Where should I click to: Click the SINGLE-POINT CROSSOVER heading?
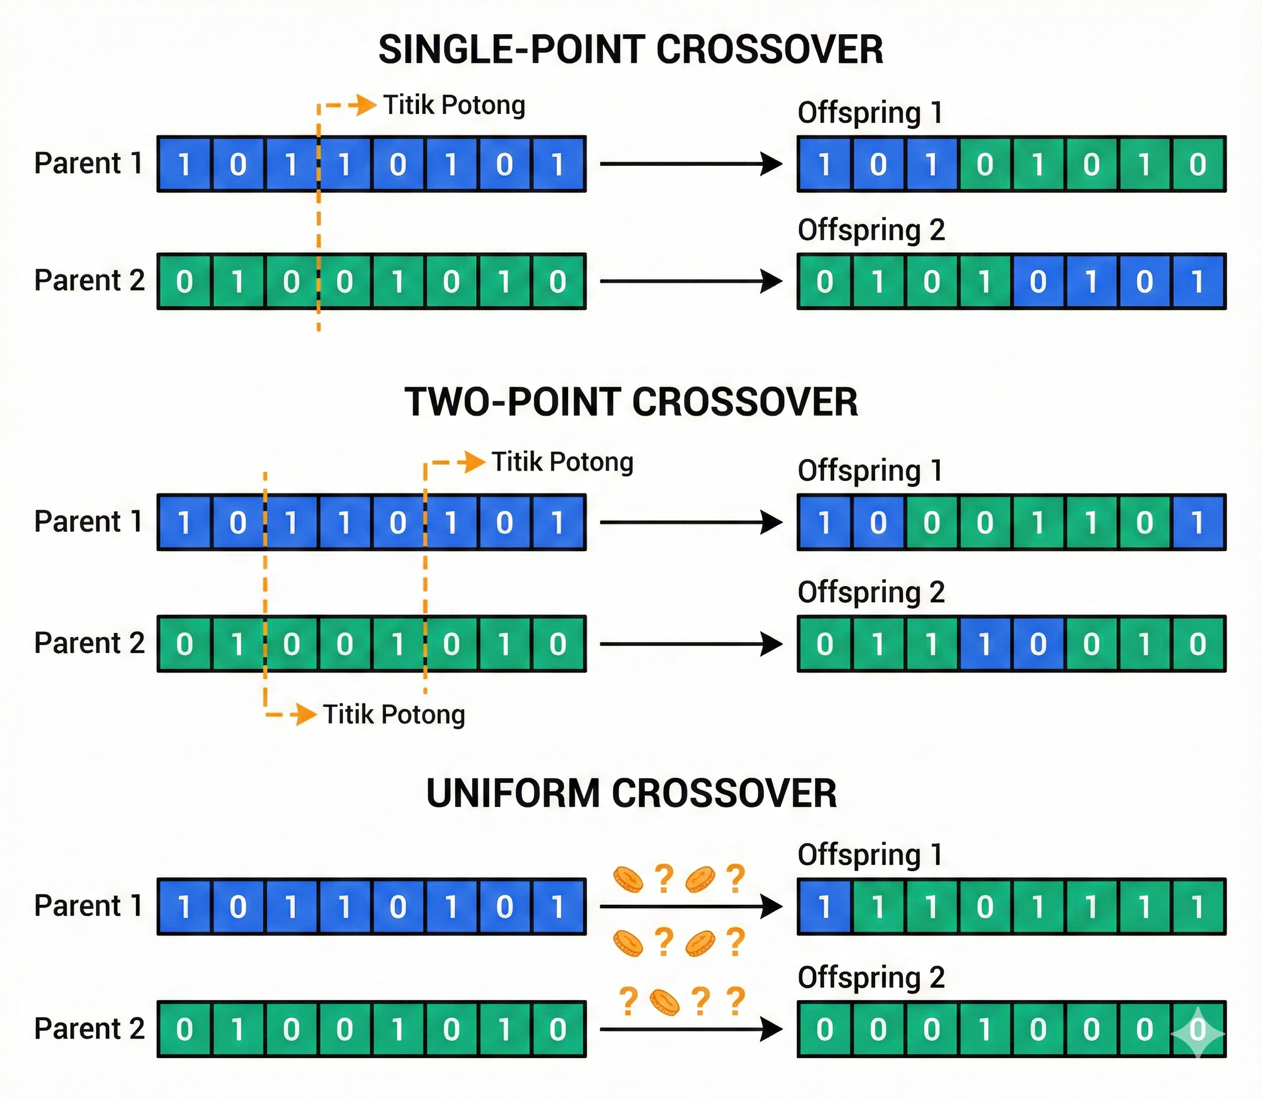630,50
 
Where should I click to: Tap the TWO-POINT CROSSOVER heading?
630,403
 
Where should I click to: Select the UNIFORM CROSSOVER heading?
630,794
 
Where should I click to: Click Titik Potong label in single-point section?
454,105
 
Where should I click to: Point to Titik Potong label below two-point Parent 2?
394,714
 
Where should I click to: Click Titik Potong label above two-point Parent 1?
562,462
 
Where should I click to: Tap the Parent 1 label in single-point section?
88,164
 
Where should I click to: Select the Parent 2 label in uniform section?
89,1029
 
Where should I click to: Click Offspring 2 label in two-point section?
870,592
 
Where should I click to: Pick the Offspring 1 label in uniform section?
869,855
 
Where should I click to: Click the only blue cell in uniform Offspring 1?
824,907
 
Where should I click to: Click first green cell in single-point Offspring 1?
985,164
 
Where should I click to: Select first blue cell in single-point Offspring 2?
1038,282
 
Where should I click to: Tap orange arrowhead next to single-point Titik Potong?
366,105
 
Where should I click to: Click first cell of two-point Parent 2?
184,644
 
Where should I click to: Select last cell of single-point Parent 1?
557,164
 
